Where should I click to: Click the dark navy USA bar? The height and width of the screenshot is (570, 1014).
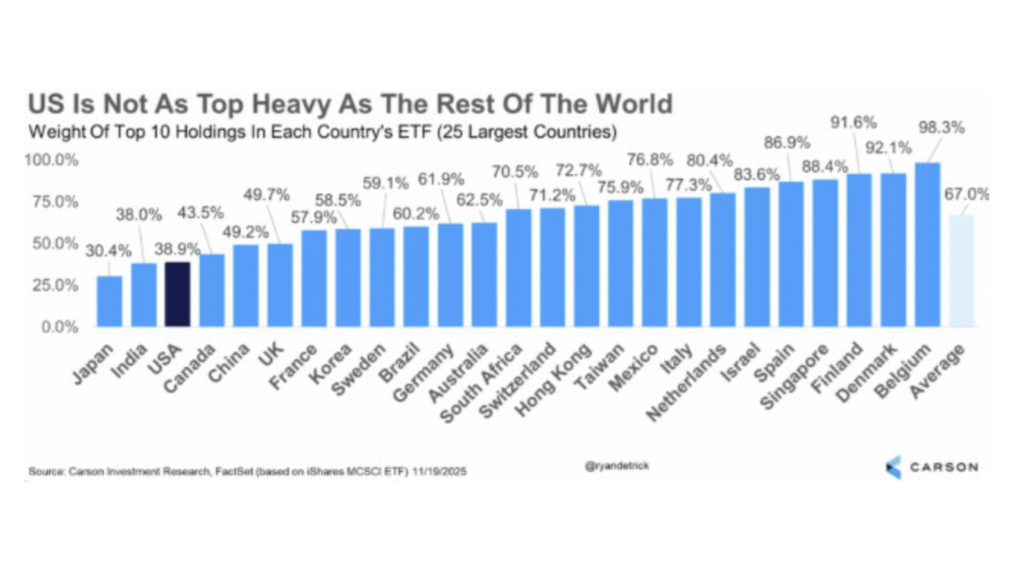click(178, 294)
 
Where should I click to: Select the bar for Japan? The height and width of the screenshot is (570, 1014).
click(110, 301)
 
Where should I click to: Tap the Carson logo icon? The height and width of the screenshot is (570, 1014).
click(893, 465)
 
